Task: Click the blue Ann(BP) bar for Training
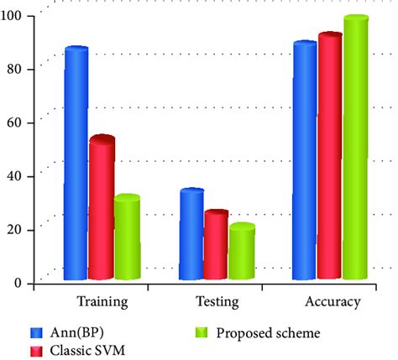pos(76,164)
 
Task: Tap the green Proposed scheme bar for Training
pos(127,237)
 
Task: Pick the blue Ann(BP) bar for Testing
pos(191,234)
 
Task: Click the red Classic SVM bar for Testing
pos(216,245)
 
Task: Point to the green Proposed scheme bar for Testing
pos(241,252)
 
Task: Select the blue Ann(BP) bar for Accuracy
pos(305,160)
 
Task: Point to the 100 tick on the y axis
pos(18,15)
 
